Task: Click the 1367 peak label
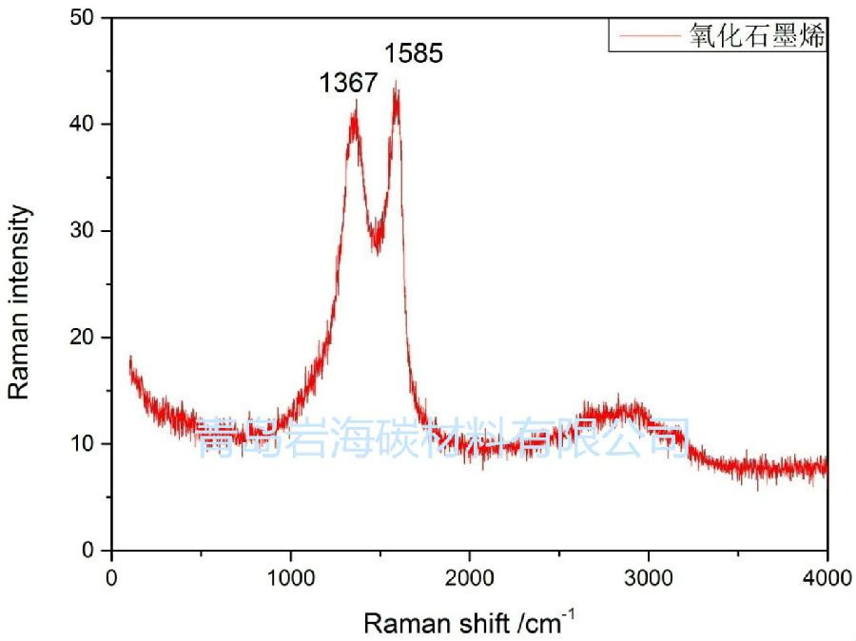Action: point(349,84)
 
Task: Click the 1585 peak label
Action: point(414,53)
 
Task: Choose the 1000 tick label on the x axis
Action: point(290,577)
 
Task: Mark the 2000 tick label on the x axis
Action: point(469,577)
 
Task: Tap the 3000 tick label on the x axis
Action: point(648,577)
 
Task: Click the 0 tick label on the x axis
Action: point(112,577)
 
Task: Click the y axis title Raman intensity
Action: point(20,302)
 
